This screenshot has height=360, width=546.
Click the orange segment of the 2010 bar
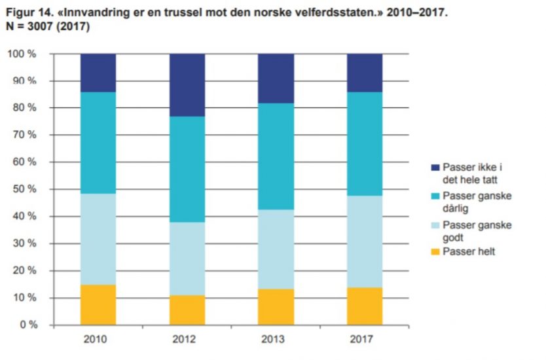pos(98,304)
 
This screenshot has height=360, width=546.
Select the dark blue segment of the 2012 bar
pos(187,84)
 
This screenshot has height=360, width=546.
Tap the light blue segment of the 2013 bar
pos(276,249)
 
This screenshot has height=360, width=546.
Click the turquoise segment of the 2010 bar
pos(98,143)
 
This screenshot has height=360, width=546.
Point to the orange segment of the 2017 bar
pos(365,306)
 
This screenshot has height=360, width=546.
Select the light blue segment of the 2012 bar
pos(187,259)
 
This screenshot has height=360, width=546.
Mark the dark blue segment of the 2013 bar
pos(276,78)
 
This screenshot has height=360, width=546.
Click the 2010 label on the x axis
pos(98,340)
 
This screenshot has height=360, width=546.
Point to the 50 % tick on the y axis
pos(24,189)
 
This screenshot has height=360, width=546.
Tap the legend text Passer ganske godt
pos(476,231)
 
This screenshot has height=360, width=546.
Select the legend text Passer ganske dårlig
pos(476,202)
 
